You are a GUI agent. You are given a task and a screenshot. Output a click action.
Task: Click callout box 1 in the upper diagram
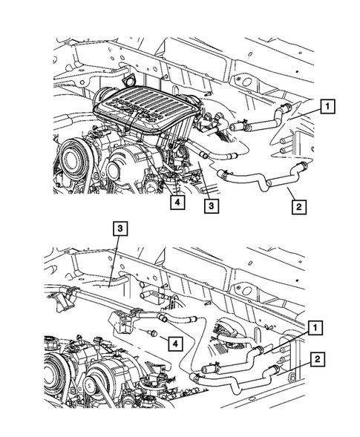[x=327, y=108]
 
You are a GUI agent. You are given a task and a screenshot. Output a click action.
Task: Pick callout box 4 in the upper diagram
[x=176, y=201]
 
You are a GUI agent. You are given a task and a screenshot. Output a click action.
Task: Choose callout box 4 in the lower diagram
[x=172, y=343]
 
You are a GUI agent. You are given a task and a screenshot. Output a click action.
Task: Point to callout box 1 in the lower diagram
[x=316, y=327]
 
